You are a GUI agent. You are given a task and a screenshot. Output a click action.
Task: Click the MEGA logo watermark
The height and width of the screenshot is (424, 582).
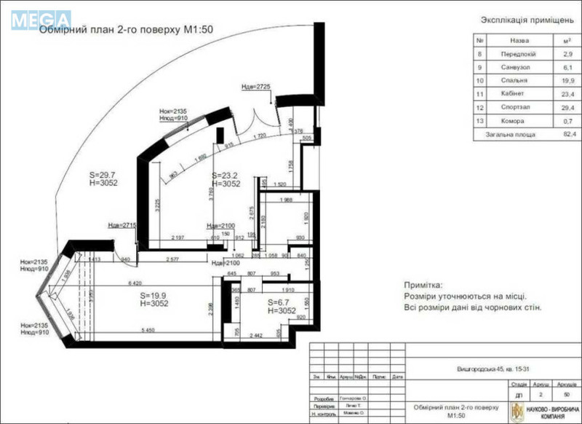coord(41,19)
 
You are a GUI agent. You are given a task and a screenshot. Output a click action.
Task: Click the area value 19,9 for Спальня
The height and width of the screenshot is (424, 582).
coord(567,81)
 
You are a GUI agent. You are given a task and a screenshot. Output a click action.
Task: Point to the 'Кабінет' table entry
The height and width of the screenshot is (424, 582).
coord(520,94)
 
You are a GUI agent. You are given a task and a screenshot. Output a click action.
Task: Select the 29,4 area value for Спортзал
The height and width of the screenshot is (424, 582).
coord(567,108)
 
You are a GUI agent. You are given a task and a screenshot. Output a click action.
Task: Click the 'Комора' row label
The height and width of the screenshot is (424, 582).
coord(520,121)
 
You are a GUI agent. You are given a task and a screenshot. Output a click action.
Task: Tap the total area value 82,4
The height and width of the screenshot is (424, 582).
coord(567,135)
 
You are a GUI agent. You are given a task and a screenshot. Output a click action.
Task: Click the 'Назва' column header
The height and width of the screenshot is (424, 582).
coord(519,41)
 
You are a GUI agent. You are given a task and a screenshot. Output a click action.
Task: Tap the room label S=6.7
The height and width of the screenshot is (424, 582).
coord(280,302)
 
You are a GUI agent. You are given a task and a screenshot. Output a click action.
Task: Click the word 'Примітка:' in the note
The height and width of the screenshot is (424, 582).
coord(426,287)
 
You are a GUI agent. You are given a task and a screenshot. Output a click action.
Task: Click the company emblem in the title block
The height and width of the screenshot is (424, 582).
coord(516,409)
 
